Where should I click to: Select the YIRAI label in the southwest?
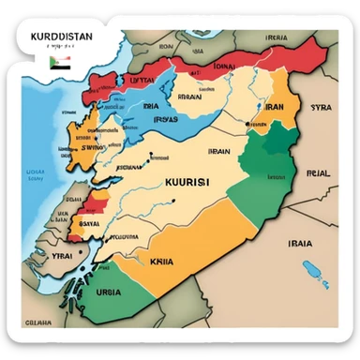coord(62,254)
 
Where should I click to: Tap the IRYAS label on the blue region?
coord(166,119)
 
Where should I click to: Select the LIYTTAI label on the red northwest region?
coord(142,82)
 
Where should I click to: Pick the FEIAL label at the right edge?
coord(319,172)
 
